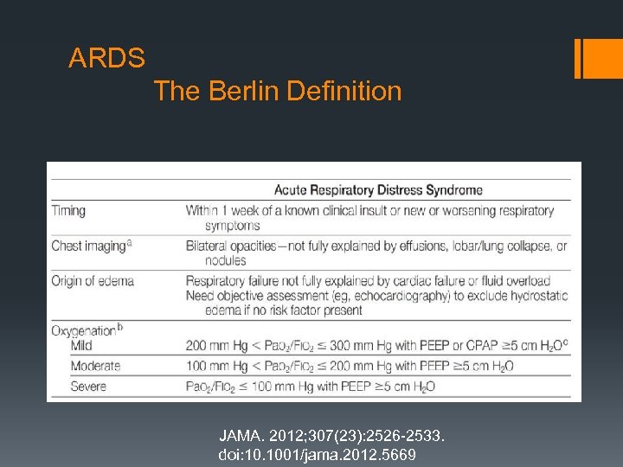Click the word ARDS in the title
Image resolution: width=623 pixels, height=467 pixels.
107,59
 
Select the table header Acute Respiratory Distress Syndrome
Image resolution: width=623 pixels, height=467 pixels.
378,190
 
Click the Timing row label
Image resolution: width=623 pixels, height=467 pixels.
68,210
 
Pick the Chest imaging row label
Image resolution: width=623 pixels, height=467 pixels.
90,246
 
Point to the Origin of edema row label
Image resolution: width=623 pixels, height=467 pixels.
93,280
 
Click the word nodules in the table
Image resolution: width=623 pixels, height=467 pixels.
225,260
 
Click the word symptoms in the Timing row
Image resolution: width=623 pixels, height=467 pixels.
232,225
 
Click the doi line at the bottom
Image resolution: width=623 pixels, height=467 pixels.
318,454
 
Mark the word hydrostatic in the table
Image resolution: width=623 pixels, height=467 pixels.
536,295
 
